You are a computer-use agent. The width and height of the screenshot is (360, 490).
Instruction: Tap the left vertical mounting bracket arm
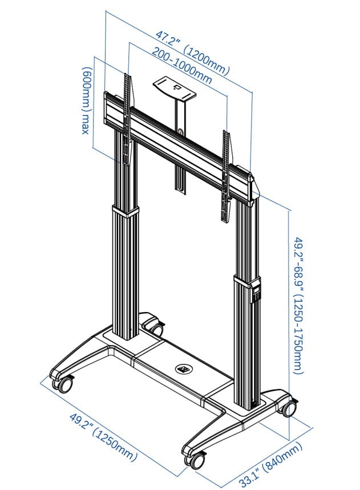tap(128, 114)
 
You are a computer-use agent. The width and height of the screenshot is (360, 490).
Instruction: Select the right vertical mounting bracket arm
tap(226, 171)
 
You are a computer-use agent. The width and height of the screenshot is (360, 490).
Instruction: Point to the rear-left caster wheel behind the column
tap(154, 327)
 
